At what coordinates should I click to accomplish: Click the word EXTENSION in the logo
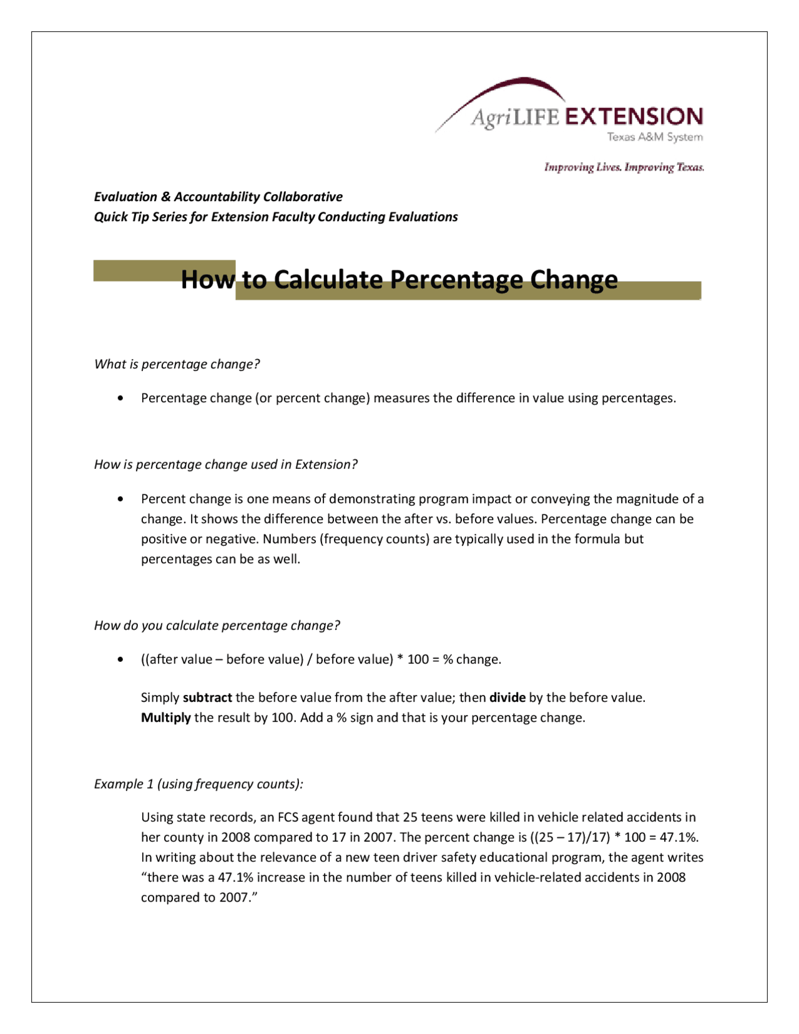tap(634, 117)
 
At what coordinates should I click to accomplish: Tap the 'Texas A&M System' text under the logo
tap(655, 137)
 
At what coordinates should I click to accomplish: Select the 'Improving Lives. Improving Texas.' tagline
tap(624, 167)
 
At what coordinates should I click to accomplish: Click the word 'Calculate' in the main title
tap(328, 280)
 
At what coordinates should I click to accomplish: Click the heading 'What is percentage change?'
tap(177, 364)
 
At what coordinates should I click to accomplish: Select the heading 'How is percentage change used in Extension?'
tap(225, 465)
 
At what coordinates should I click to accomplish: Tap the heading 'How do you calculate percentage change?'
tap(217, 626)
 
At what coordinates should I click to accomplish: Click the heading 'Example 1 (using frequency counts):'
tap(199, 784)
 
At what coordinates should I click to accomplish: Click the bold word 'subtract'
tap(207, 697)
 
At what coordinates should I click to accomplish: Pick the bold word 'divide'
tap(507, 697)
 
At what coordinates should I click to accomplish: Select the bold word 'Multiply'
tap(165, 717)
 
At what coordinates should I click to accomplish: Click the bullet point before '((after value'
tap(120, 660)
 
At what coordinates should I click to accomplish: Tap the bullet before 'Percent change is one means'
tap(120, 499)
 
